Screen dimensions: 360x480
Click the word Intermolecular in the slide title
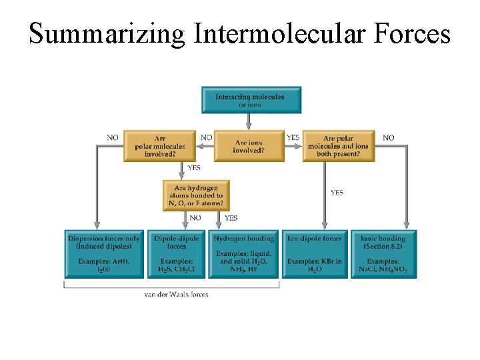point(279,33)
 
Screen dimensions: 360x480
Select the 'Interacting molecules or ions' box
point(251,100)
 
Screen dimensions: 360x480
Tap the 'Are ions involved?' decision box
point(249,146)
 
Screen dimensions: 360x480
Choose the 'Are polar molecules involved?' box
point(160,146)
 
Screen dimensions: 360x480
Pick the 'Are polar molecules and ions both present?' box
point(339,146)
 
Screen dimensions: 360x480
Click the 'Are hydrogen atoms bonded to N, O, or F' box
point(196,196)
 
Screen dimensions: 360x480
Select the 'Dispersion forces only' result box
point(103,254)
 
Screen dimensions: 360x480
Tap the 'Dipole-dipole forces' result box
point(177,254)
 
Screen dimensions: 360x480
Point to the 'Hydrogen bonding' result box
point(244,254)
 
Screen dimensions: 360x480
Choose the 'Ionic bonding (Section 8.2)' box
point(383,254)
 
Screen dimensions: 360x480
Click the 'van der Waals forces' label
point(177,294)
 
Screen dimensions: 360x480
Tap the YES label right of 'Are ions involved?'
point(293,137)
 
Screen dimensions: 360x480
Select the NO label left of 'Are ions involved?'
point(207,137)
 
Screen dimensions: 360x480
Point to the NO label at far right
point(389,137)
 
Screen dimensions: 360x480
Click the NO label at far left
point(113,137)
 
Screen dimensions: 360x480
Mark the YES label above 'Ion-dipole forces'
point(337,193)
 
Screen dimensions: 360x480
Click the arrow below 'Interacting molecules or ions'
point(249,121)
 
